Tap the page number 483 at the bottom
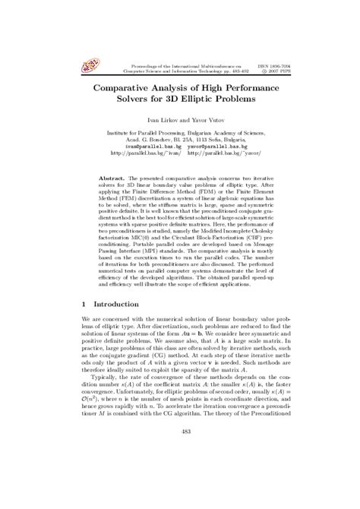180,475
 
